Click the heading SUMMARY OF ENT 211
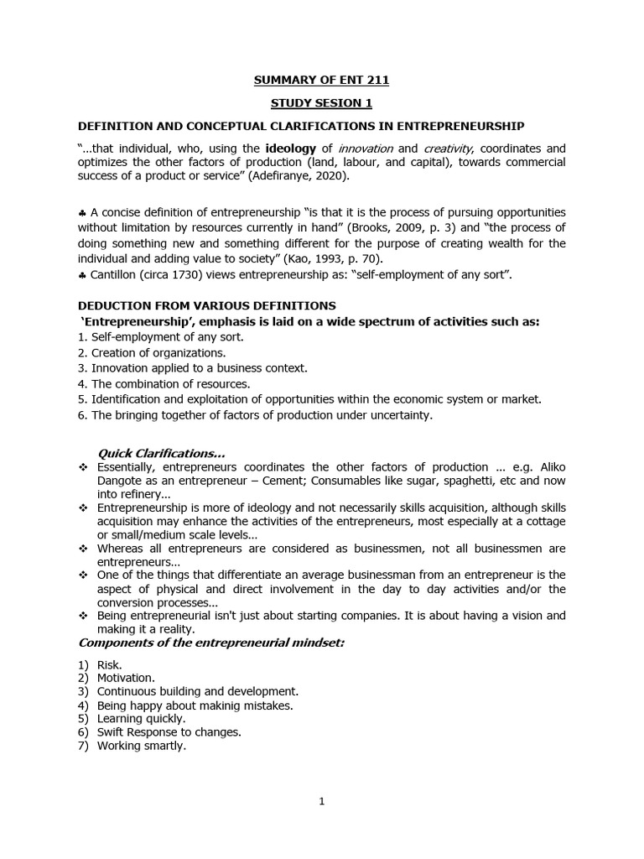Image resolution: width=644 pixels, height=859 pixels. [x=321, y=81]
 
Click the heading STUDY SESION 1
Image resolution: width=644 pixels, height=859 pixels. [x=321, y=103]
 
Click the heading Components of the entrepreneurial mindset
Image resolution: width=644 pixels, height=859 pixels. [x=211, y=643]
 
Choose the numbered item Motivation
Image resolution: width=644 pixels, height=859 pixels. [x=126, y=678]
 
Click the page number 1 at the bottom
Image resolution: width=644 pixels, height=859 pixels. [x=321, y=801]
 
